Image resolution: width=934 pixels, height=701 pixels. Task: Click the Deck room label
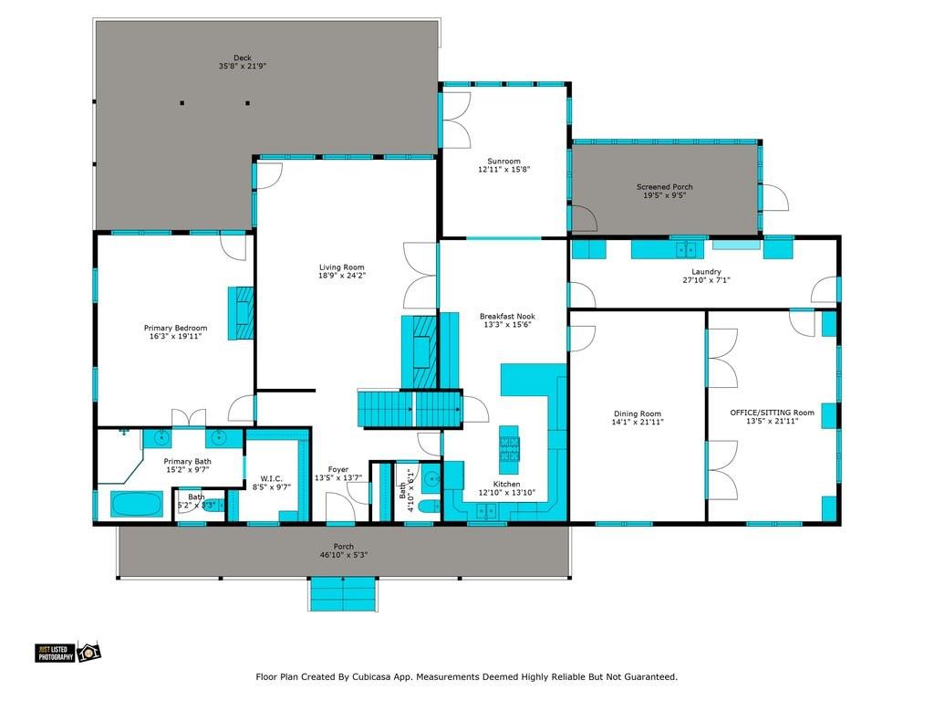242,57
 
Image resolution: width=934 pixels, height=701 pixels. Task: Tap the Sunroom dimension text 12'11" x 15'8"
503,169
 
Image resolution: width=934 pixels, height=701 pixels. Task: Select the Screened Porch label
664,187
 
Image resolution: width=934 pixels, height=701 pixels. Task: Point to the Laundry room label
706,271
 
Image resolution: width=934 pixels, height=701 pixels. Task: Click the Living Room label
342,266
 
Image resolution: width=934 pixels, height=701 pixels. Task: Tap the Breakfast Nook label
505,316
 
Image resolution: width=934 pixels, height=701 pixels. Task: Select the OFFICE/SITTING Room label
772,413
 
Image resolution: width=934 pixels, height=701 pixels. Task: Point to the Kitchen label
506,484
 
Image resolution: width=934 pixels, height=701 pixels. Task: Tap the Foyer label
338,469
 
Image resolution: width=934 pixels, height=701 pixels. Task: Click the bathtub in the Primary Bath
137,503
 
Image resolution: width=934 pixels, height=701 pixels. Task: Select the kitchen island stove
509,446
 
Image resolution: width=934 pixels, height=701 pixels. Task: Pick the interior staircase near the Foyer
409,408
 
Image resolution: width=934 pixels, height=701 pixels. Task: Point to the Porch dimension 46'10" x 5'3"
343,555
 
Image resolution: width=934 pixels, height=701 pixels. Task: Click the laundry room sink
685,248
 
